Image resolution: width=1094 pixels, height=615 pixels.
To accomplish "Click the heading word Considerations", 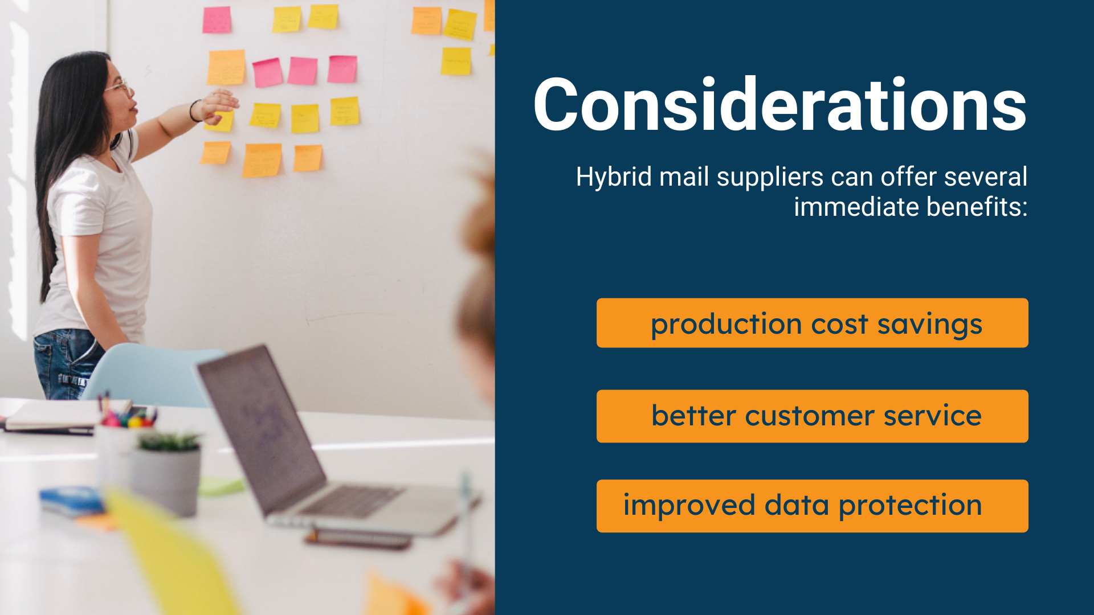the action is click(779, 105).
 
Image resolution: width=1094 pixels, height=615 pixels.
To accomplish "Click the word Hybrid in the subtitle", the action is click(614, 177).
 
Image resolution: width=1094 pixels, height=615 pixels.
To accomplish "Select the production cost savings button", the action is click(812, 323).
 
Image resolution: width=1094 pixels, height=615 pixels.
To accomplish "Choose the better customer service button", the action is click(812, 416).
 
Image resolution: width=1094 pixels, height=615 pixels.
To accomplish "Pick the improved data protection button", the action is click(812, 506).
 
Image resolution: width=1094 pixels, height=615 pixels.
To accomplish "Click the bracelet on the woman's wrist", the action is click(194, 110).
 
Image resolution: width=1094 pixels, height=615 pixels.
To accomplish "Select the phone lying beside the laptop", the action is click(359, 539).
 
